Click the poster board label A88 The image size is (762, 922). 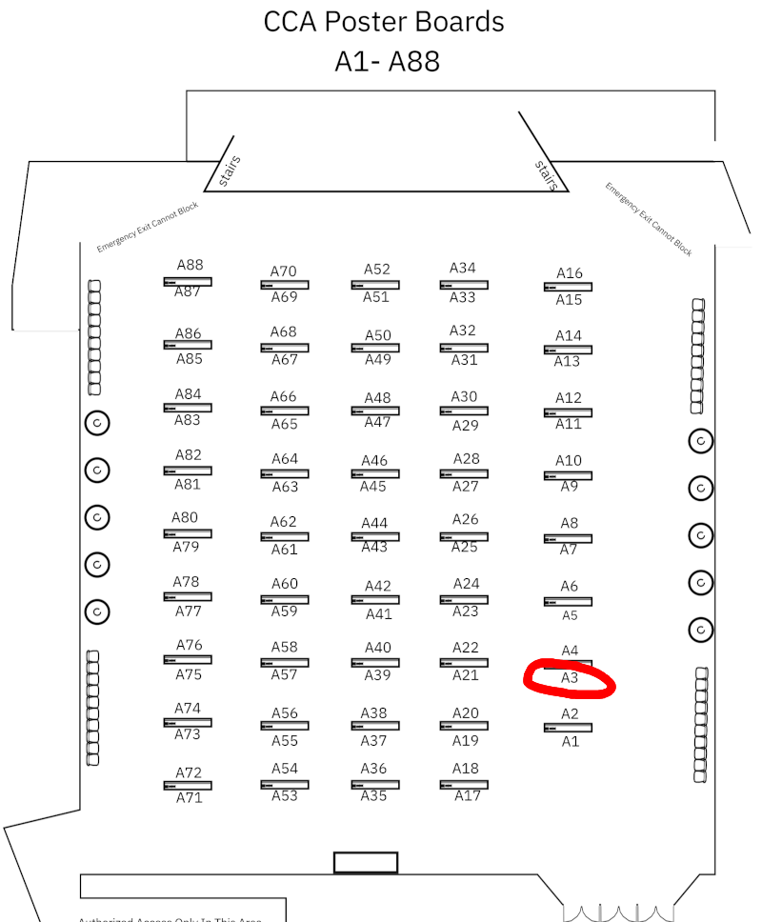[x=190, y=265]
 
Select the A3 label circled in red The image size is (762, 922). [x=570, y=678]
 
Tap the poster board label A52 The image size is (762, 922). [x=377, y=270]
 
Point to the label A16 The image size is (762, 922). [x=569, y=273]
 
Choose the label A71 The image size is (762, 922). [x=189, y=798]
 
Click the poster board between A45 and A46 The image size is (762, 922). [x=374, y=474]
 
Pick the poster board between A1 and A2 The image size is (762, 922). [x=568, y=728]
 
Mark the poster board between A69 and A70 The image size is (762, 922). [x=284, y=285]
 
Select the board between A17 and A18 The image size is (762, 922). [x=464, y=785]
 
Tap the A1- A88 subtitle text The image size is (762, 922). [x=387, y=61]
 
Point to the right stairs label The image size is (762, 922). [x=545, y=175]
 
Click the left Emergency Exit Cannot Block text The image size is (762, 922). [x=148, y=227]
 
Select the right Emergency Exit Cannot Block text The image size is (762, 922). [x=649, y=219]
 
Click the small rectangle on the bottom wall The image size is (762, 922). [x=365, y=862]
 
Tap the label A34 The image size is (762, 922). [x=463, y=269]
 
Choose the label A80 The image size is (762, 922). [x=185, y=518]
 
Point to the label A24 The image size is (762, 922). [x=466, y=584]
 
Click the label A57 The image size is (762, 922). [x=284, y=675]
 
